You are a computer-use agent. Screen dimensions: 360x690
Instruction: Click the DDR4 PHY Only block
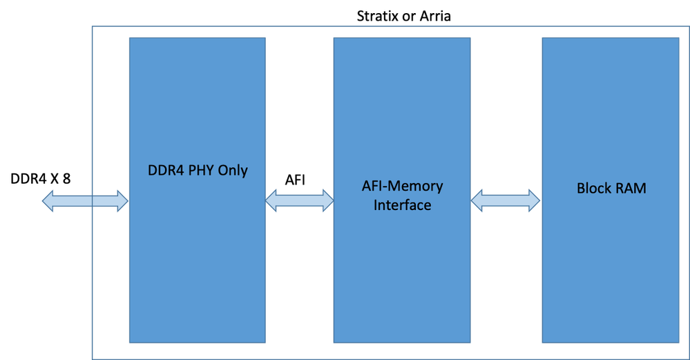pyautogui.click(x=197, y=263)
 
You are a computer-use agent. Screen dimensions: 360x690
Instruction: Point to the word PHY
pyautogui.click(x=200, y=170)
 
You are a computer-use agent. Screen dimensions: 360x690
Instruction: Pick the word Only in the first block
pyautogui.click(x=233, y=170)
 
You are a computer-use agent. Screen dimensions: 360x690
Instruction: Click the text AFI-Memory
pyautogui.click(x=403, y=187)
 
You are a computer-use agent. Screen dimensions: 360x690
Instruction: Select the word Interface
pyautogui.click(x=403, y=205)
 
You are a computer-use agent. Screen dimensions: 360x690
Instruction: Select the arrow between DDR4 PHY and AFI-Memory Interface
pyautogui.click(x=299, y=200)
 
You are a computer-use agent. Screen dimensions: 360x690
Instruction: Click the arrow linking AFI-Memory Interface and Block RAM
pyautogui.click(x=506, y=200)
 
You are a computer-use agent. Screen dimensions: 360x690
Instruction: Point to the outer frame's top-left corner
pyautogui.click(x=93, y=27)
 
